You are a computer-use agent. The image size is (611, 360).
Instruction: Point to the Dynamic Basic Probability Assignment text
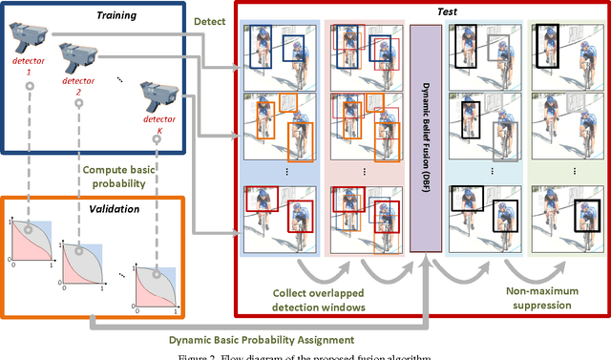296,338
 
